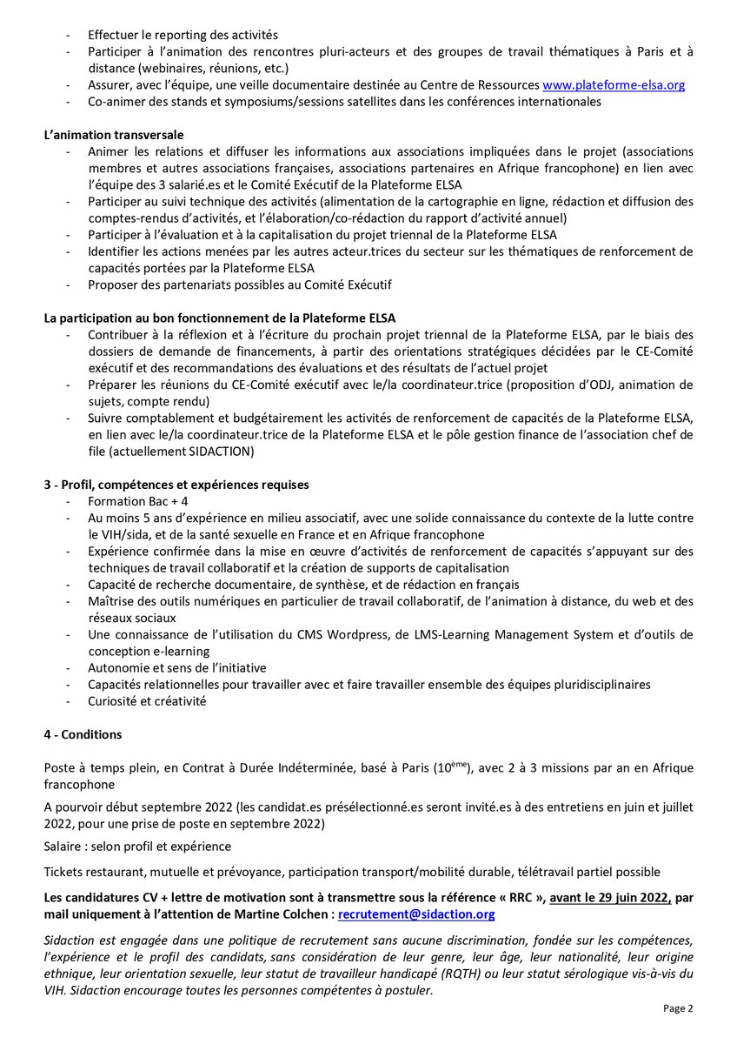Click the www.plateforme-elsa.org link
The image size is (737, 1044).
[x=614, y=85]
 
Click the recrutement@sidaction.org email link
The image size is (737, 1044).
[x=416, y=914]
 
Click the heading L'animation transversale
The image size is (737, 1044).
[x=114, y=135]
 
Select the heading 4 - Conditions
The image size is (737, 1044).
[x=83, y=734]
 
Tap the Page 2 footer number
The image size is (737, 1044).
[x=678, y=1009]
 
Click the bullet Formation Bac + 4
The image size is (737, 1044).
[x=138, y=502]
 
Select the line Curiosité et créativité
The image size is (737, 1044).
[x=147, y=700]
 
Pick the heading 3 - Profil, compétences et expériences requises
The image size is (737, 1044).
[x=176, y=485]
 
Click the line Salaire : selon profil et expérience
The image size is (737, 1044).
[x=137, y=847]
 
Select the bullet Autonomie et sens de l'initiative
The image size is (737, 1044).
[x=177, y=667]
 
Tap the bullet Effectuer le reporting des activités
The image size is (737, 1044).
[x=183, y=36]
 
